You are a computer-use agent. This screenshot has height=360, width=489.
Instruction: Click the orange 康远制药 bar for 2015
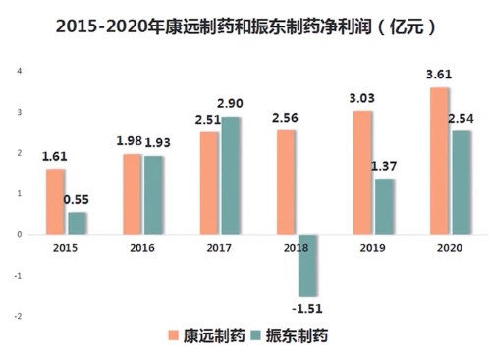pos(55,201)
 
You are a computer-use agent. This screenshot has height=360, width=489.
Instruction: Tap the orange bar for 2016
pos(133,194)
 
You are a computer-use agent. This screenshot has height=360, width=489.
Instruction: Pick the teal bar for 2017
pos(231,176)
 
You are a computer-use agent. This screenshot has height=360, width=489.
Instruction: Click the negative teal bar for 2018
pos(306,265)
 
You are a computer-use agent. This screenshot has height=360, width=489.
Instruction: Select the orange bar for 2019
pos(363,173)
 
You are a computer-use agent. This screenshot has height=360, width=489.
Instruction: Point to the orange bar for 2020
pos(440,161)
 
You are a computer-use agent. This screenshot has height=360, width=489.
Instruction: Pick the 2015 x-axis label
pos(65,249)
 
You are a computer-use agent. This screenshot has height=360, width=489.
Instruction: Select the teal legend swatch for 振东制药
pos(254,336)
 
